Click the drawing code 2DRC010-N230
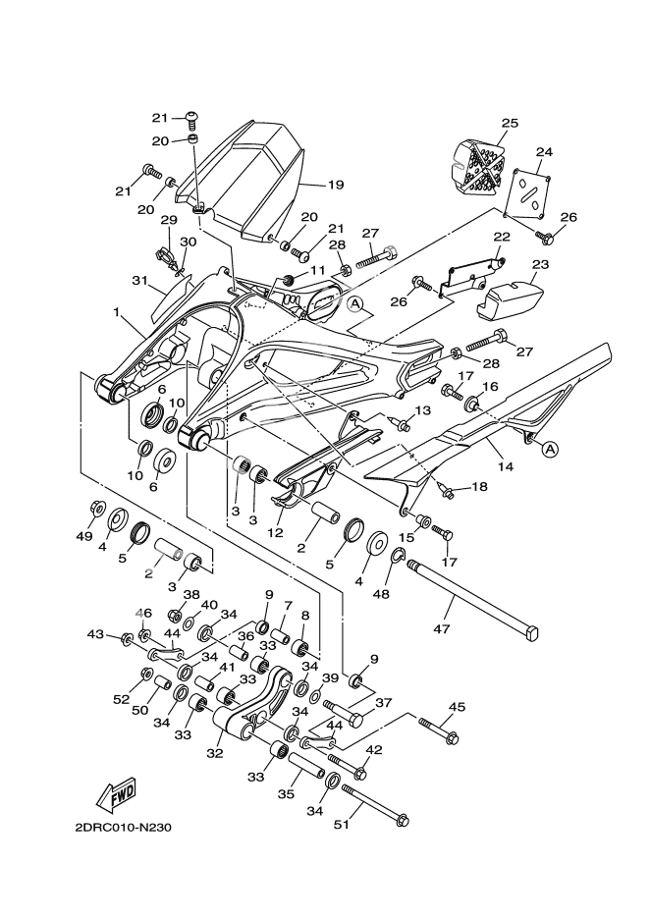point(124,827)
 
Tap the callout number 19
point(307,184)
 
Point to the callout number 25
point(510,124)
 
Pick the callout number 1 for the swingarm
point(117,314)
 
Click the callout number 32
point(215,754)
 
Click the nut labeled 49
point(98,509)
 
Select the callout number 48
point(408,593)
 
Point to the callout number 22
point(502,237)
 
